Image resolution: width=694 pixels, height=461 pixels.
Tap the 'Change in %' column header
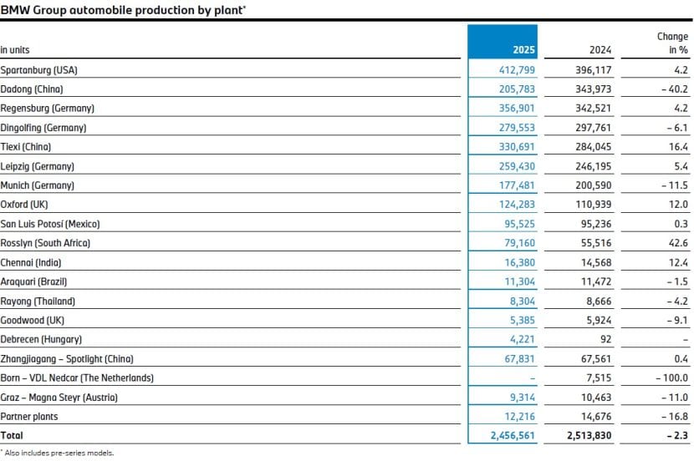point(672,43)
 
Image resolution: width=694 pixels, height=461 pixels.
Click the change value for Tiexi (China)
point(678,147)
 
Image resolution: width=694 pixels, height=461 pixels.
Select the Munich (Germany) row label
point(38,185)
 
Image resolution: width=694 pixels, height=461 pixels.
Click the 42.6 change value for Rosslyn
point(678,243)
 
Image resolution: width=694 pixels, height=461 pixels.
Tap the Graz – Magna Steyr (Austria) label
point(59,398)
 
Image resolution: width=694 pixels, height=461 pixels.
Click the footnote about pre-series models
point(58,453)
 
